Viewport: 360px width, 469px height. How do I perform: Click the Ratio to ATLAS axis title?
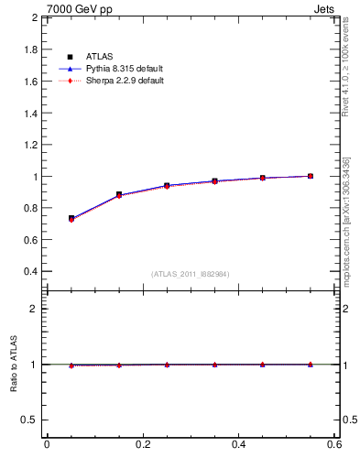point(14,365)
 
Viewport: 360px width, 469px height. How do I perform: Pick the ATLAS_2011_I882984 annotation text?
point(191,274)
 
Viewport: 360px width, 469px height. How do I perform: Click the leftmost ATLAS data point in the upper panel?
point(71,218)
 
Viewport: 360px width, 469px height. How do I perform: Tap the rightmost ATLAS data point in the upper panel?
point(311,176)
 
